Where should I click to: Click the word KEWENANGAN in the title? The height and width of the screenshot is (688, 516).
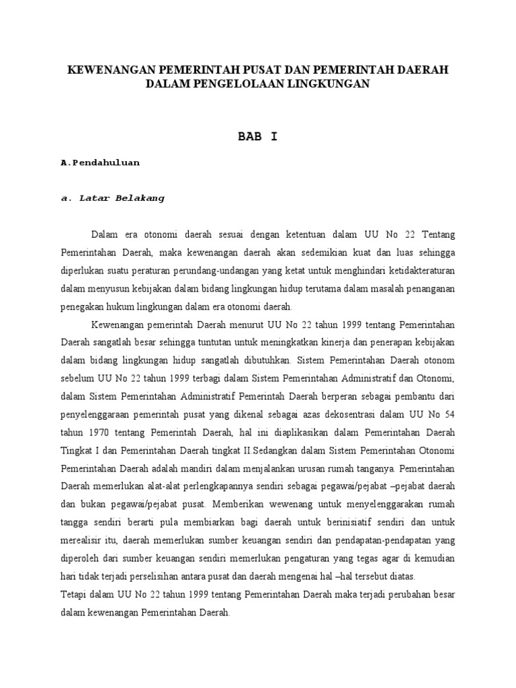(x=102, y=70)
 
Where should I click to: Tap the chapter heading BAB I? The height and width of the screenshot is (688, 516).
(x=257, y=136)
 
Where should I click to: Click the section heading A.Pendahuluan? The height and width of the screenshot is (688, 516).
(x=99, y=163)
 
